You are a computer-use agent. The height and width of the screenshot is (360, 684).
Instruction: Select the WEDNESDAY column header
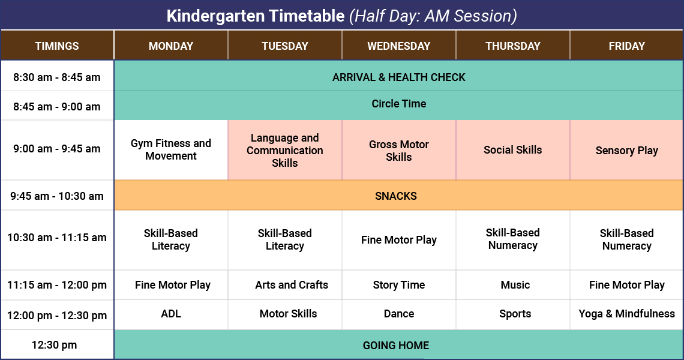point(398,46)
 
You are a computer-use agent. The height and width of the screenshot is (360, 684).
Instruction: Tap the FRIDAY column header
point(626,46)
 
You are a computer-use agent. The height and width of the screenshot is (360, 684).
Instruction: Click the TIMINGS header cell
point(57,46)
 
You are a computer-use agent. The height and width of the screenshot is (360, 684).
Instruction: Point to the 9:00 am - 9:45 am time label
point(57,149)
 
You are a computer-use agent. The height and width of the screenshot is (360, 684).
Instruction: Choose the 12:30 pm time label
point(57,345)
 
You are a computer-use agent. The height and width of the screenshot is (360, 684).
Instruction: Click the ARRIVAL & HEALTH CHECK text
point(398,77)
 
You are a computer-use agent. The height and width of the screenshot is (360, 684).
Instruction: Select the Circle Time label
point(398,104)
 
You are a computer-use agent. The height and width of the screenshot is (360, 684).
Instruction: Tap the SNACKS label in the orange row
point(396,196)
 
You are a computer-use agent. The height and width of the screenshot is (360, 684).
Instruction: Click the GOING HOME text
point(396,345)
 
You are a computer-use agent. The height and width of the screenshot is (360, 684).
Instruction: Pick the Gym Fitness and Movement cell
point(171,149)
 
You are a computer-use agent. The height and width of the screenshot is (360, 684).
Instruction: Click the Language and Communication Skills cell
point(285,150)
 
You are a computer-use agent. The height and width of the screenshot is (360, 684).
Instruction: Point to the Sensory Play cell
point(626,151)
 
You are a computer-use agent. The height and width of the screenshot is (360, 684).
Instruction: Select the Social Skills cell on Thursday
point(512,150)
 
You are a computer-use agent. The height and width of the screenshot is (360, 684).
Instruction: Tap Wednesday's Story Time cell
point(398,285)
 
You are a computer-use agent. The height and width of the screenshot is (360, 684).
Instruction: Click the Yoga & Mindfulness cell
point(626,314)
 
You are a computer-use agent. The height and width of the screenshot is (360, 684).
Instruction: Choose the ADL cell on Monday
point(171,314)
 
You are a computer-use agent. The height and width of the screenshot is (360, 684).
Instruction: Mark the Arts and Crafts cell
point(292,285)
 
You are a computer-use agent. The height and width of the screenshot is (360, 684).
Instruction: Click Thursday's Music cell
point(515,285)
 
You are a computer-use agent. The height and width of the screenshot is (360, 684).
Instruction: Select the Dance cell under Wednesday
point(398,314)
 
